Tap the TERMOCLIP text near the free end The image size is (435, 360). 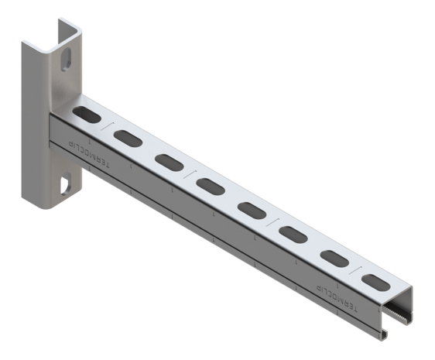pos(339,297)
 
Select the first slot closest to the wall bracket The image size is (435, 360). pos(85,115)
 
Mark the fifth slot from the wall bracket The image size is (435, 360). pos(252,210)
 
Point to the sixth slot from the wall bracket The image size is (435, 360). pos(293,233)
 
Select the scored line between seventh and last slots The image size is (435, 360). pos(355,269)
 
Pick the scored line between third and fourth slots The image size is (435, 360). pos(189,173)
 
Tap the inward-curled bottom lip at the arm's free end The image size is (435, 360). pos(385,333)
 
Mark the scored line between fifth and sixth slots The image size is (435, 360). pos(272,221)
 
